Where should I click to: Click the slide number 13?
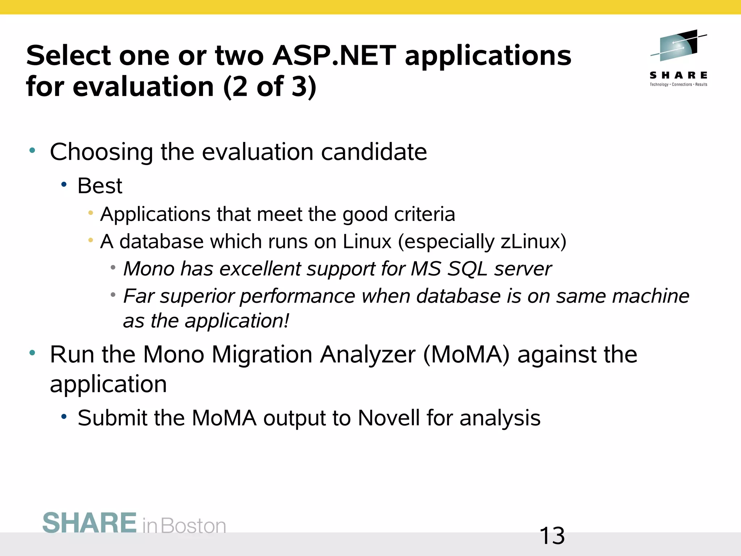(552, 536)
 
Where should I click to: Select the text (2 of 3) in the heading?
(270, 87)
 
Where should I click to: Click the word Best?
(100, 186)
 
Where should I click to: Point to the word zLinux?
(534, 241)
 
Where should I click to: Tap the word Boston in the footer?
(193, 526)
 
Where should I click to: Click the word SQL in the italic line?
(467, 269)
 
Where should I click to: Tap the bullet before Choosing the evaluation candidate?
(32, 150)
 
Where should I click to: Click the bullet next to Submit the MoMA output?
(64, 417)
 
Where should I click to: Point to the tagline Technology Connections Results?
(678, 85)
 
